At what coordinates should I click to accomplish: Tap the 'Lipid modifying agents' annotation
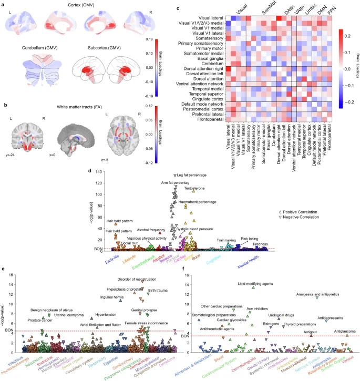pos(255,284)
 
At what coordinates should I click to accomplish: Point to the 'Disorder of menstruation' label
pos(138,279)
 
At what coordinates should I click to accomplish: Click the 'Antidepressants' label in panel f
pos(331,318)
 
